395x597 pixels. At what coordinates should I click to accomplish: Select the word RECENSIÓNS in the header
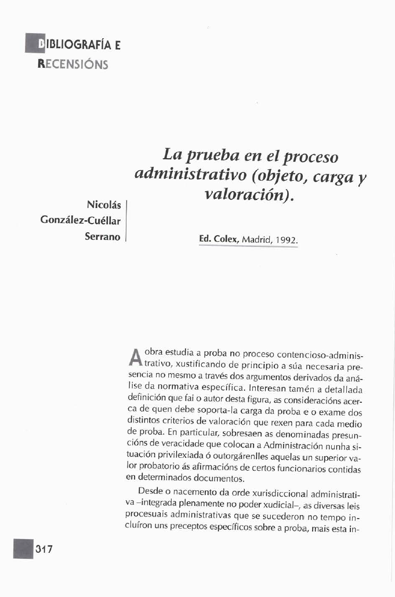click(73, 64)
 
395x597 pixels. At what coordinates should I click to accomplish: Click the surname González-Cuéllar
click(80, 221)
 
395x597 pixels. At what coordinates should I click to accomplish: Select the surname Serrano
click(103, 237)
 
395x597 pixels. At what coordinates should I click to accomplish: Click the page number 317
click(44, 549)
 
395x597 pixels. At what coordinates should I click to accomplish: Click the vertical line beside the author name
click(126, 220)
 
